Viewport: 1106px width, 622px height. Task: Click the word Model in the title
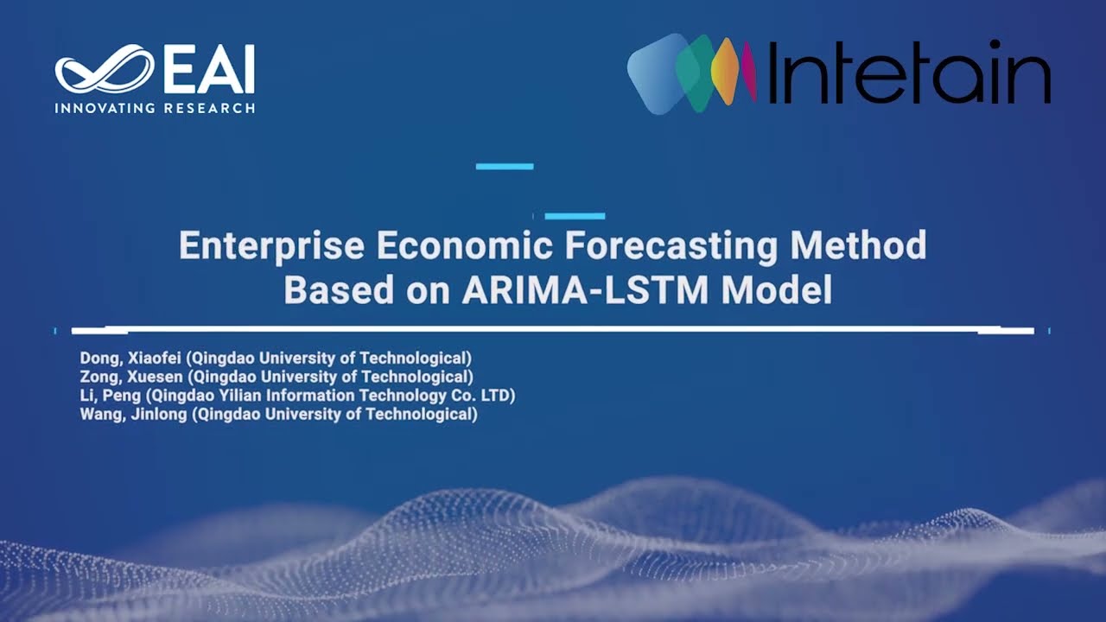[x=777, y=291]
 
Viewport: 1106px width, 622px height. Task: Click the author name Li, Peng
[x=110, y=396]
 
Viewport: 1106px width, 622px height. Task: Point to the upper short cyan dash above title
[x=505, y=166]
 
